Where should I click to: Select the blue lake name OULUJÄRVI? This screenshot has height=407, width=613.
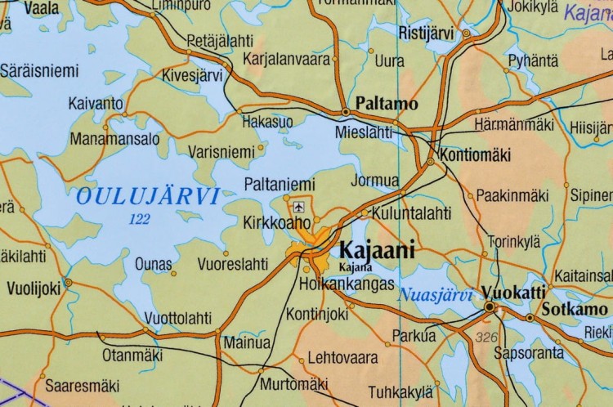(147, 196)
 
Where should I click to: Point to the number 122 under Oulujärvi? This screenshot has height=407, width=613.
(140, 218)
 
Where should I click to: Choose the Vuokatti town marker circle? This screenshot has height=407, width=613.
(490, 306)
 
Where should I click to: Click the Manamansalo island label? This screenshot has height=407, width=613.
(114, 139)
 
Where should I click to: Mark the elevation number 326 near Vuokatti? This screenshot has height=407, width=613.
(485, 337)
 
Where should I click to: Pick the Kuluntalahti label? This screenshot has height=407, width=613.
(411, 213)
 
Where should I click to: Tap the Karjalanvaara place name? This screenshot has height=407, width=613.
(286, 59)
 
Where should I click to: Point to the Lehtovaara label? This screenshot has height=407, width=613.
(342, 357)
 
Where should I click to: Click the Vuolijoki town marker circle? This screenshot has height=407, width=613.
(68, 282)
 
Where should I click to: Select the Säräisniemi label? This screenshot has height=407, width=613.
(38, 71)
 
